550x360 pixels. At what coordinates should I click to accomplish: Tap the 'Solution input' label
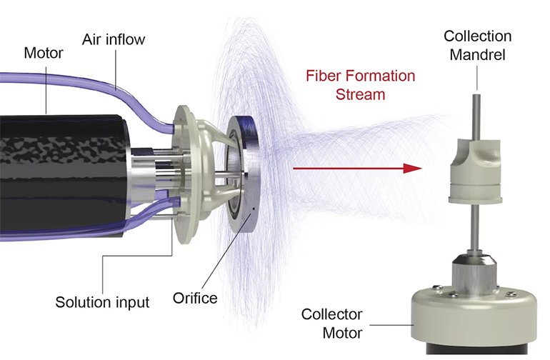102,301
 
